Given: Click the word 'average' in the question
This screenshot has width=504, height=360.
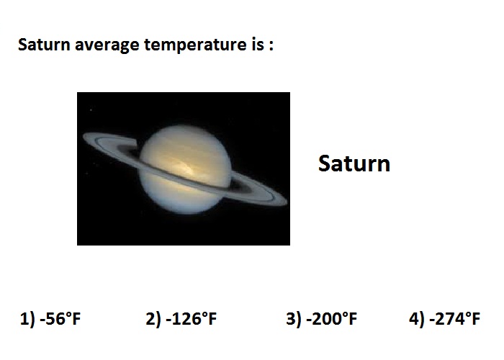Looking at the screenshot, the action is (107, 45).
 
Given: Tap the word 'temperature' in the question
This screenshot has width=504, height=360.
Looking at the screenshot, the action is (194, 45).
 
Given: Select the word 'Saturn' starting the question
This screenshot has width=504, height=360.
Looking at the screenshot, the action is (44, 45).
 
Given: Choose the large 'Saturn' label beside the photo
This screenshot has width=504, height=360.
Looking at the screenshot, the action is (354, 163).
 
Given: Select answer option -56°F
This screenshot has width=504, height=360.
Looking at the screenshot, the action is (60, 319).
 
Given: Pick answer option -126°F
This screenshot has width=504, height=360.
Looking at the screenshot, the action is (192, 319).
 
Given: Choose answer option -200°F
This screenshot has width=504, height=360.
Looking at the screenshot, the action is (332, 319).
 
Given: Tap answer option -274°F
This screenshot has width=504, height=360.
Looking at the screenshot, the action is (454, 319).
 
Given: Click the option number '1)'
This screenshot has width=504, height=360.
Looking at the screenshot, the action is (27, 319).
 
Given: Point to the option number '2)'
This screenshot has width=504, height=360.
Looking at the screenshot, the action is (153, 319).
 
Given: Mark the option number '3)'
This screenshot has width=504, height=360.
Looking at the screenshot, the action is (294, 319).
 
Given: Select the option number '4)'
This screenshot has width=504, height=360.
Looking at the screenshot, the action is (417, 319).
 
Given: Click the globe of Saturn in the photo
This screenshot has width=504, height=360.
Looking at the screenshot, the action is (185, 170).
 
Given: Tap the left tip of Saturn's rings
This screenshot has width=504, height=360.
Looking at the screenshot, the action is (84, 136).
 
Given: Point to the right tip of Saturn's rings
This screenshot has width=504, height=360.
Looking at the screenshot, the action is (287, 201).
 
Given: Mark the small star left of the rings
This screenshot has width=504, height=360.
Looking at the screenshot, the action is (91, 110).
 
